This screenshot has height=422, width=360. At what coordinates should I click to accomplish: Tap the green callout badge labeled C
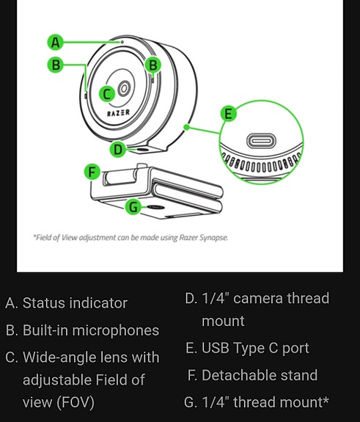tap(107, 93)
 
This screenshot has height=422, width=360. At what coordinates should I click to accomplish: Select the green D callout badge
tap(118, 149)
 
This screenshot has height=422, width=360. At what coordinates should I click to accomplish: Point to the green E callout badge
tap(228, 114)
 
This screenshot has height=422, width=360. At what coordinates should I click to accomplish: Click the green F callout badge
tap(92, 172)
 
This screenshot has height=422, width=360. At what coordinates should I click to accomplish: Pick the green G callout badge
tap(133, 207)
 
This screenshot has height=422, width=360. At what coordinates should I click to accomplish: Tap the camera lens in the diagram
tap(124, 89)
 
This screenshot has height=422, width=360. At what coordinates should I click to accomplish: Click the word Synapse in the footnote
tap(213, 238)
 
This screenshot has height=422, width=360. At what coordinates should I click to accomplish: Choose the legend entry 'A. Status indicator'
tap(66, 303)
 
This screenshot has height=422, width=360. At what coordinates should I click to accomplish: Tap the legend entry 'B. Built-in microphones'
tap(81, 330)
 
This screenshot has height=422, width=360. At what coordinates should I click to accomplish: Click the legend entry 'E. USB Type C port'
tap(247, 348)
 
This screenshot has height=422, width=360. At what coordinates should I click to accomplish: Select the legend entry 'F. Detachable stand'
tap(251, 375)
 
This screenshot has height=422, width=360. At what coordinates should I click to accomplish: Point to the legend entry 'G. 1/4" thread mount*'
tap(257, 402)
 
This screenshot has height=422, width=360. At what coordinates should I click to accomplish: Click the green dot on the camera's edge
tap(188, 126)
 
